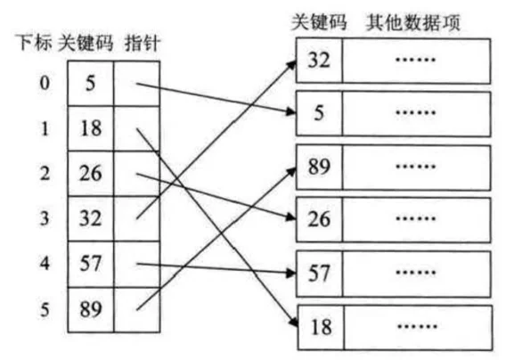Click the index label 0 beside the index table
click(x=45, y=83)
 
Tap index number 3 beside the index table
click(x=45, y=218)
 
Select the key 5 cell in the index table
click(x=91, y=83)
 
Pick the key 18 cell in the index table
click(x=91, y=128)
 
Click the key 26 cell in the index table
click(x=91, y=174)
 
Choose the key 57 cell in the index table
click(x=91, y=264)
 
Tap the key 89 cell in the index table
click(x=91, y=309)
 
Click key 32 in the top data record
click(x=319, y=60)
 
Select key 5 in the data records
click(x=319, y=113)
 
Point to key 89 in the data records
click(x=319, y=167)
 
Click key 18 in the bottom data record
click(x=321, y=327)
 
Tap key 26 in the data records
click(x=319, y=219)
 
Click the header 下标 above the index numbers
click(x=34, y=43)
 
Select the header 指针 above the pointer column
click(x=143, y=44)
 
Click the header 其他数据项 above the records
click(x=413, y=22)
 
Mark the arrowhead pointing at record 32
click(x=291, y=65)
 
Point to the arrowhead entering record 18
click(x=293, y=322)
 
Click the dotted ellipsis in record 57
click(x=416, y=272)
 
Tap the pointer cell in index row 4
click(x=137, y=264)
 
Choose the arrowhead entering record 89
click(x=291, y=172)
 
